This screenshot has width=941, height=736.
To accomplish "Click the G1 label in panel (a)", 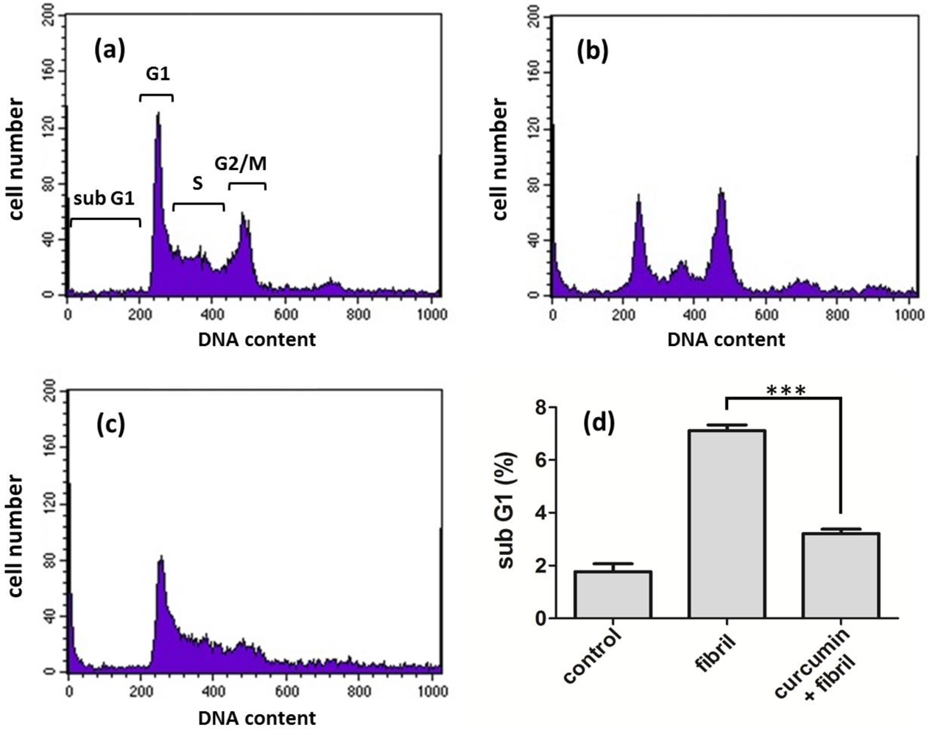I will (x=157, y=74).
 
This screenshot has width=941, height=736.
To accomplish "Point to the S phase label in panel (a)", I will (x=197, y=183).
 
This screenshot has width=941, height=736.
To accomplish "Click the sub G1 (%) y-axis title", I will (x=507, y=510).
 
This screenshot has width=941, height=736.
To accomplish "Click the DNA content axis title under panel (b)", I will (x=726, y=340).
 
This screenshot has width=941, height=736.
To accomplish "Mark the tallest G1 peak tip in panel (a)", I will (x=158, y=113).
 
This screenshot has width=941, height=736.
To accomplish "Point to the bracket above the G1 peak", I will (x=156, y=96).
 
